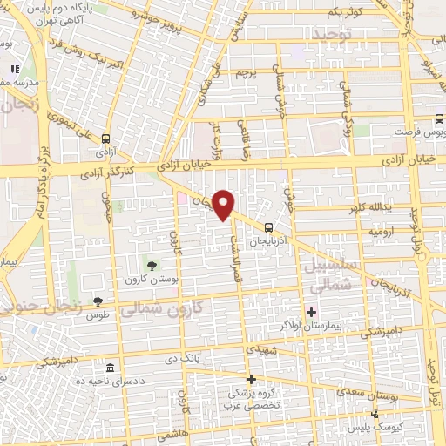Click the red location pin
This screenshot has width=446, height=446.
(x=224, y=204)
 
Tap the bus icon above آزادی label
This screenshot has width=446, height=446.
(x=105, y=138)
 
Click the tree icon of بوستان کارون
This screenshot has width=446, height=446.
(x=153, y=265)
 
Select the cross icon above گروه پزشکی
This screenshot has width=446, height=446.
(x=251, y=379)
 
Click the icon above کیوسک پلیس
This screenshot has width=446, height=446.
(x=374, y=415)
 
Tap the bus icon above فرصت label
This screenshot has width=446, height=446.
(x=439, y=122)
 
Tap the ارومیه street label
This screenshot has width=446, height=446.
(x=380, y=233)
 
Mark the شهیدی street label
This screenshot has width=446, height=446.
(x=261, y=349)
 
